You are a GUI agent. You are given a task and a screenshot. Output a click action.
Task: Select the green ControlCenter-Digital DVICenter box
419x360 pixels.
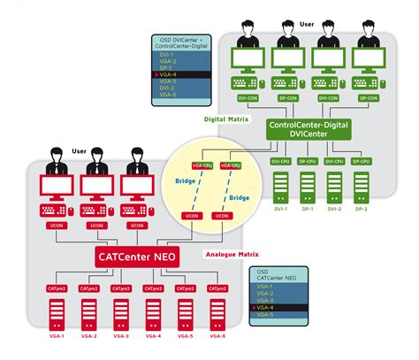pyautogui.click(x=310, y=130)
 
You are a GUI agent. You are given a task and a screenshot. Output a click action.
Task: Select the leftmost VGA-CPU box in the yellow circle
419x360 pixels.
pyautogui.click(x=201, y=165)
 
